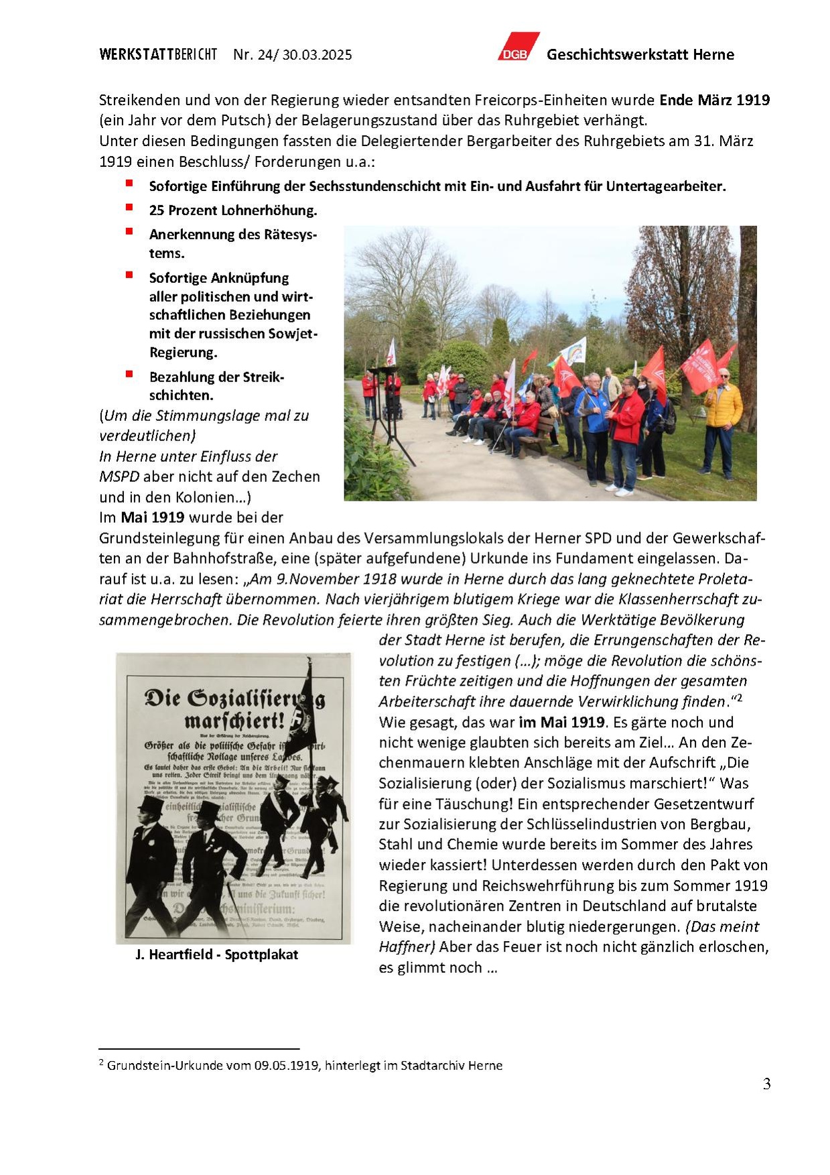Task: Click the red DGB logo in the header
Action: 517,48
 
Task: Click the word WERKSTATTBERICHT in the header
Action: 158,55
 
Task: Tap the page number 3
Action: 766,1084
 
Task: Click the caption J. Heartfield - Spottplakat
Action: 216,954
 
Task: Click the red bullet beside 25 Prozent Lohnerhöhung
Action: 129,208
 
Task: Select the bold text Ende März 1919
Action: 714,101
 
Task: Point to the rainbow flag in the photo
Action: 573,351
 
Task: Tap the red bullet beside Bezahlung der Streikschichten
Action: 129,374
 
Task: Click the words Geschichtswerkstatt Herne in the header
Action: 640,55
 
